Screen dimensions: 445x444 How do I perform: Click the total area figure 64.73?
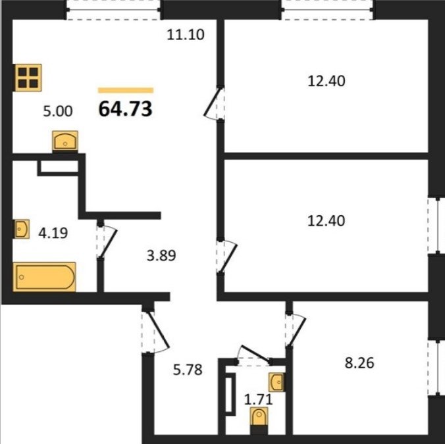pos(126,109)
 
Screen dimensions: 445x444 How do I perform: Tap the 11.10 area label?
pos(186,35)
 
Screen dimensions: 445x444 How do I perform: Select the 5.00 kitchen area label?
pos(58,111)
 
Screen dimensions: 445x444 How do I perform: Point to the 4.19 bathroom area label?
pos(53,234)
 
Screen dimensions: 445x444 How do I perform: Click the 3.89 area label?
pos(161,255)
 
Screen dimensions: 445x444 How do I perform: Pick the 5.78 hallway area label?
pos(188,370)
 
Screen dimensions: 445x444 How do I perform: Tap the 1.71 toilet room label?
pos(259,399)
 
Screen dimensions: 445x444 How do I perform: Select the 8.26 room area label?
pos(359,363)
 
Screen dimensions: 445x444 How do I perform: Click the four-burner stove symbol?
pos(28,78)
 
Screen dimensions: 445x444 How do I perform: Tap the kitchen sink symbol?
pos(65,141)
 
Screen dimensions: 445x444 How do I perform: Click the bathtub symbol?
pos(44,277)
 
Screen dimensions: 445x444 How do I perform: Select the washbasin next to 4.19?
pos(22,229)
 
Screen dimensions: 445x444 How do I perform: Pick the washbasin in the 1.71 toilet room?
pos(276,382)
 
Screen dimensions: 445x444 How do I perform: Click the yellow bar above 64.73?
pos(126,91)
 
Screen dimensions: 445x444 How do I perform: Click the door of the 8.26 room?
pos(296,330)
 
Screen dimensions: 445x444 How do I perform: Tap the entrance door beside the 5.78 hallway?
pos(155,332)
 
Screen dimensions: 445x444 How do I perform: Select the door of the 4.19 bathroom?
pos(107,241)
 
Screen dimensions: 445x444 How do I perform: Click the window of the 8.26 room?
pos(436,368)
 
